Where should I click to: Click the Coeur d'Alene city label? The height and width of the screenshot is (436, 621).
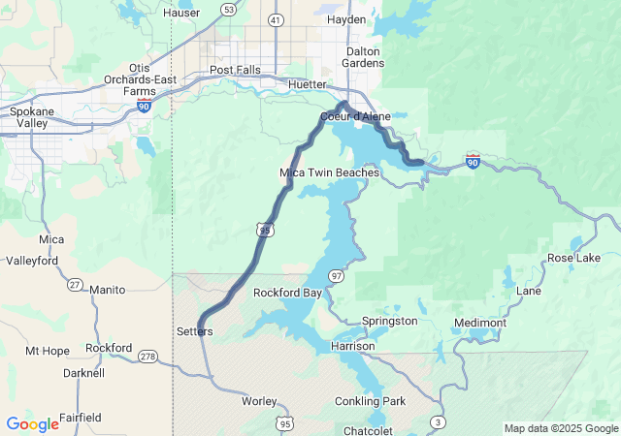(355, 116)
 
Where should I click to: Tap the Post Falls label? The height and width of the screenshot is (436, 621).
(236, 70)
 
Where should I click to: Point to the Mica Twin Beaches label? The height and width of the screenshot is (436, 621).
(329, 172)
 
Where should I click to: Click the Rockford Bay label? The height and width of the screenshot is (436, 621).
(287, 293)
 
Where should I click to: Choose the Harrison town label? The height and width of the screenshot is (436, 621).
(352, 345)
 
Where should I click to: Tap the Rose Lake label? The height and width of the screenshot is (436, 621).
(573, 259)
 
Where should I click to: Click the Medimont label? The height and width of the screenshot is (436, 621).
(480, 323)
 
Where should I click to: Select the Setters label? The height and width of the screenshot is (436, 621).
(194, 331)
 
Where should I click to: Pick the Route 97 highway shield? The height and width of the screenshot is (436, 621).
(336, 276)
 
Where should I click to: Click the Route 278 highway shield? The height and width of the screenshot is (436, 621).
(147, 358)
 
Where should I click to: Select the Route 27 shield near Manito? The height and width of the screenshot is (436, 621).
(75, 284)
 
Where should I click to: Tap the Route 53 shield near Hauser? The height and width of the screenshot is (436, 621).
(228, 10)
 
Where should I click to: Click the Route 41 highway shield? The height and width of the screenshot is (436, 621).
(276, 19)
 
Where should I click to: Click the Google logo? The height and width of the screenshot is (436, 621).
(32, 423)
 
